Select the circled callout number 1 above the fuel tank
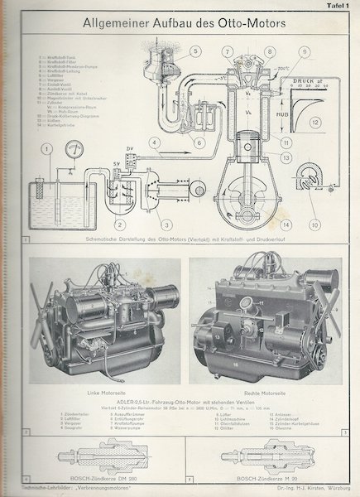click(47, 149)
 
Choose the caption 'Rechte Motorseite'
click(267, 390)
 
